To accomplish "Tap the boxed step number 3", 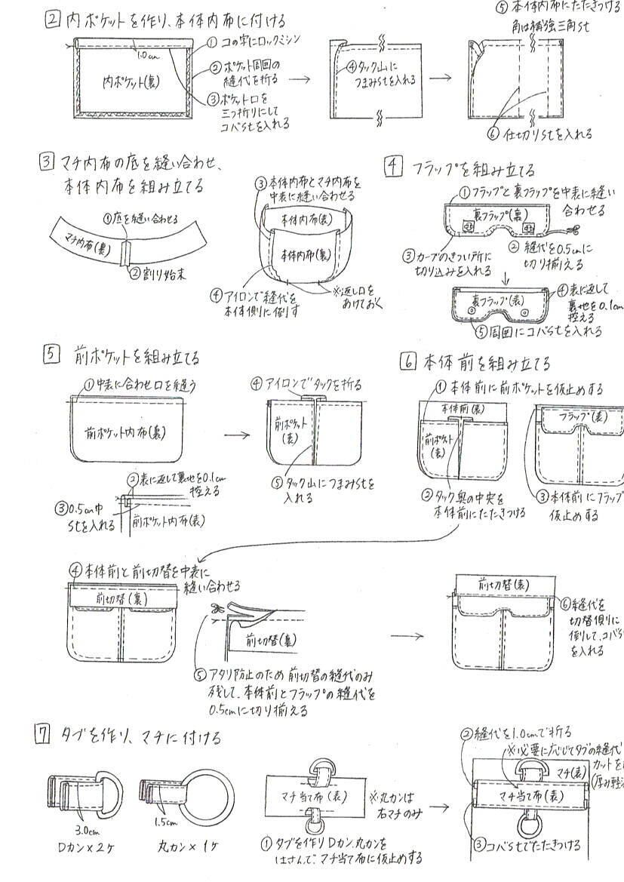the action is (x=48, y=161).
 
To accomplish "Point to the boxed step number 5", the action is (x=49, y=355).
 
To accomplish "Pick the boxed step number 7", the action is (x=44, y=735).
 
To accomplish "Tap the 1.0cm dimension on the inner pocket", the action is (x=148, y=55).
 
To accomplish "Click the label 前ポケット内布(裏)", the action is (x=126, y=433).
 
